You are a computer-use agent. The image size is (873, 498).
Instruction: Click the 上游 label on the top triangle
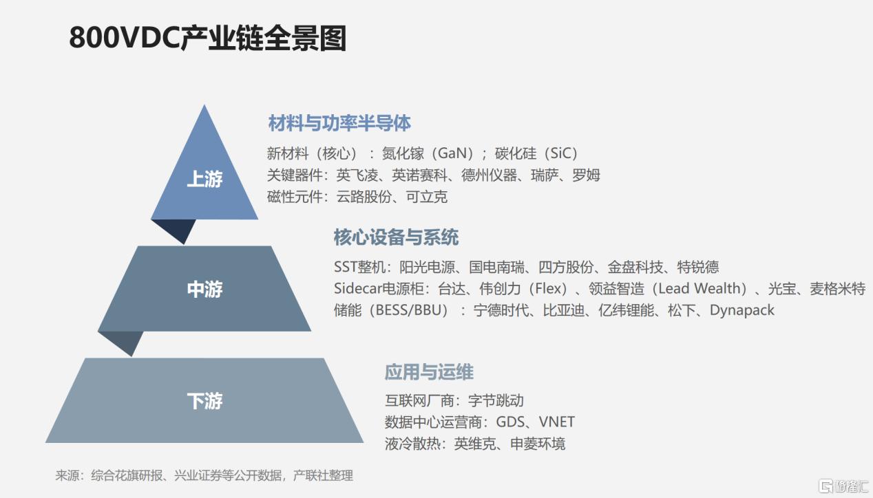(x=204, y=179)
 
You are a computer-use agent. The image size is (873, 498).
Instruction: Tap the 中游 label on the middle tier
(x=204, y=290)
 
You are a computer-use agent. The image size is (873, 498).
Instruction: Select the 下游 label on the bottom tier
(x=204, y=400)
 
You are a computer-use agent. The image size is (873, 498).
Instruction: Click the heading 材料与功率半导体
(x=339, y=123)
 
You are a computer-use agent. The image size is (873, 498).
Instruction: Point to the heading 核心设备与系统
(x=397, y=237)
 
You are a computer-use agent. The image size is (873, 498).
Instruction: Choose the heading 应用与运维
(x=429, y=372)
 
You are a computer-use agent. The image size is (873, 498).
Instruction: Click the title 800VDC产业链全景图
(x=208, y=38)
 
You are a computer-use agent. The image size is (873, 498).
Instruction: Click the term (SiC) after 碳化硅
(x=560, y=153)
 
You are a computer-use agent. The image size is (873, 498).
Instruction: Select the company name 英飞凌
(x=357, y=175)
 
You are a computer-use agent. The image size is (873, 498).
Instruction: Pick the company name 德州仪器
(x=489, y=175)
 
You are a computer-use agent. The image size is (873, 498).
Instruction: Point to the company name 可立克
(x=427, y=197)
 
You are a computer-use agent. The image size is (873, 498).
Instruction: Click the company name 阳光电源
(x=427, y=267)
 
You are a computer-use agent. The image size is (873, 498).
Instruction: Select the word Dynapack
(x=742, y=310)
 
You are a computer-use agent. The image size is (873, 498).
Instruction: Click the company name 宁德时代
(x=501, y=310)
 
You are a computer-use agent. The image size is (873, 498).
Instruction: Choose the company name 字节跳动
(x=496, y=400)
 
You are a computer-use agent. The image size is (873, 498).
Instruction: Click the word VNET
(x=557, y=422)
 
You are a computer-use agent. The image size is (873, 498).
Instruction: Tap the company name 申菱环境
(x=538, y=444)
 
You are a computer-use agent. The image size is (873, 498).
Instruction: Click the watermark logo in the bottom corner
(x=843, y=486)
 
